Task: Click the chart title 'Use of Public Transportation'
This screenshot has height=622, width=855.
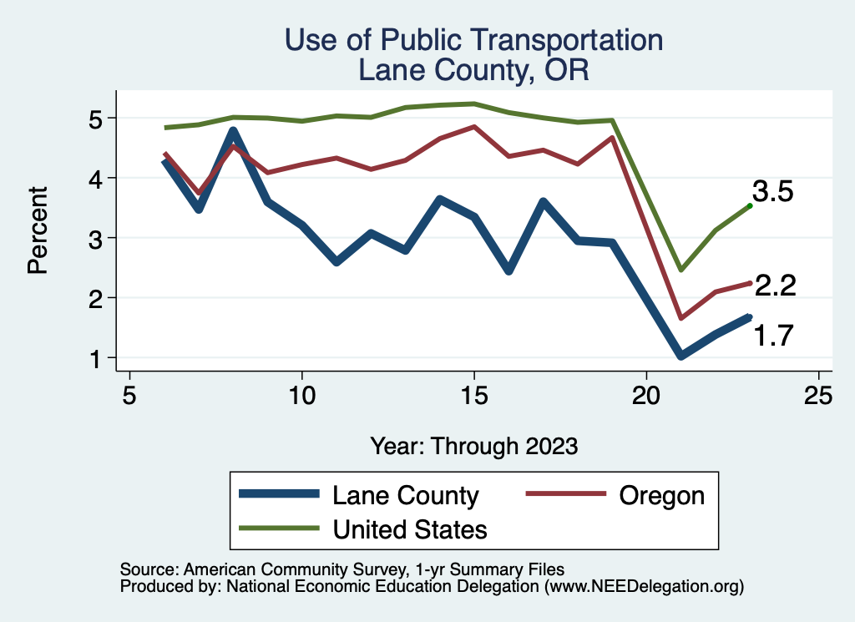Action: tap(473, 40)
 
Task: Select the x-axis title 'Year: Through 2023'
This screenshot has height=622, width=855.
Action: tap(473, 446)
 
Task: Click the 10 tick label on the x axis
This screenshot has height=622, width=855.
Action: tap(301, 394)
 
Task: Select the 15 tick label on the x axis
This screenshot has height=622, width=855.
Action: tap(473, 394)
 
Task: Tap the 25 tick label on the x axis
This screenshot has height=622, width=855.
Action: tap(818, 394)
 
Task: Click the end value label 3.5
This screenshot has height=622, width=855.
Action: tap(773, 191)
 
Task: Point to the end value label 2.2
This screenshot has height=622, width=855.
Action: tap(775, 286)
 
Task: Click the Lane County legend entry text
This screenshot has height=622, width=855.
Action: tap(406, 495)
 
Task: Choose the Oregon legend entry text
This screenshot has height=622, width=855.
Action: tap(662, 495)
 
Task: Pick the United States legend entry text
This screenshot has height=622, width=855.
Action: tap(410, 528)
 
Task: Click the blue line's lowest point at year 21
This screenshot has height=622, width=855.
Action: tap(681, 356)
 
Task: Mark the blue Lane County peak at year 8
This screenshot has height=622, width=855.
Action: tap(234, 131)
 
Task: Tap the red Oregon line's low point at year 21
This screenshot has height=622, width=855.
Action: tap(681, 318)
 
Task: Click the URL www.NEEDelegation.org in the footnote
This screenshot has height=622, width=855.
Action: tap(644, 587)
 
